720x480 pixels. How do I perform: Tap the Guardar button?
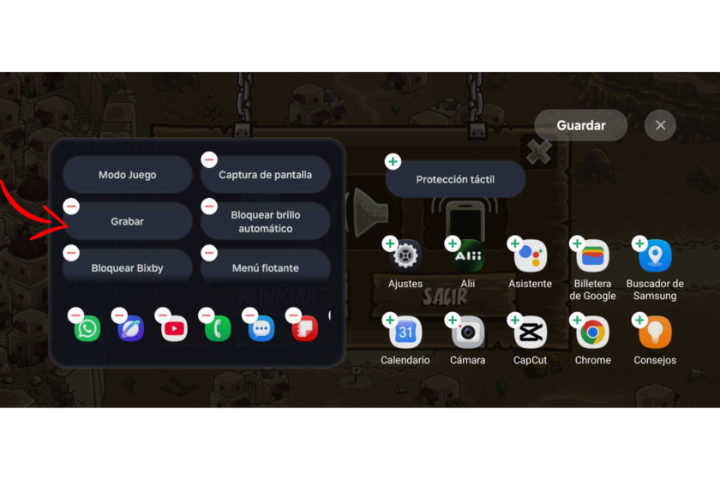tap(581, 125)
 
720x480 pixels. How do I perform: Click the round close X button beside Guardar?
tap(660, 125)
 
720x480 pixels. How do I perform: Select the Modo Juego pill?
tap(127, 175)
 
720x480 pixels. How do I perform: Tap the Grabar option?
tap(127, 221)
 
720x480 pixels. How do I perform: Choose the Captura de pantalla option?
tap(266, 175)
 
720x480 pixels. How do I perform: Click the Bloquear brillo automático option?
tap(266, 221)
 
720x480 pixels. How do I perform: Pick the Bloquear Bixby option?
tap(127, 267)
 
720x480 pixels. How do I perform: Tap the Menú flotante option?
tap(266, 267)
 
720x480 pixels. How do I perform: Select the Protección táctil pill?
tap(455, 179)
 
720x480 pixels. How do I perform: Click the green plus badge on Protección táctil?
tap(393, 162)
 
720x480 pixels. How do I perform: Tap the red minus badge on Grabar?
tap(71, 207)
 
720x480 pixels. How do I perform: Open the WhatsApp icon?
tap(87, 329)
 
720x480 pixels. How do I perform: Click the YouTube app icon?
tap(174, 329)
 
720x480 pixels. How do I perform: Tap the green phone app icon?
tap(218, 329)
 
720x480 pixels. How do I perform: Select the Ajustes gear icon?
tap(405, 255)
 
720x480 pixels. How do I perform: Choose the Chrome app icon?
tap(592, 332)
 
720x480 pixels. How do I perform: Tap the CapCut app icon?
tap(530, 332)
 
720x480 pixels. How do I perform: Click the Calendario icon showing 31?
tap(405, 332)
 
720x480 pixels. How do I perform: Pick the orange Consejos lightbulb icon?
tap(655, 332)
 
